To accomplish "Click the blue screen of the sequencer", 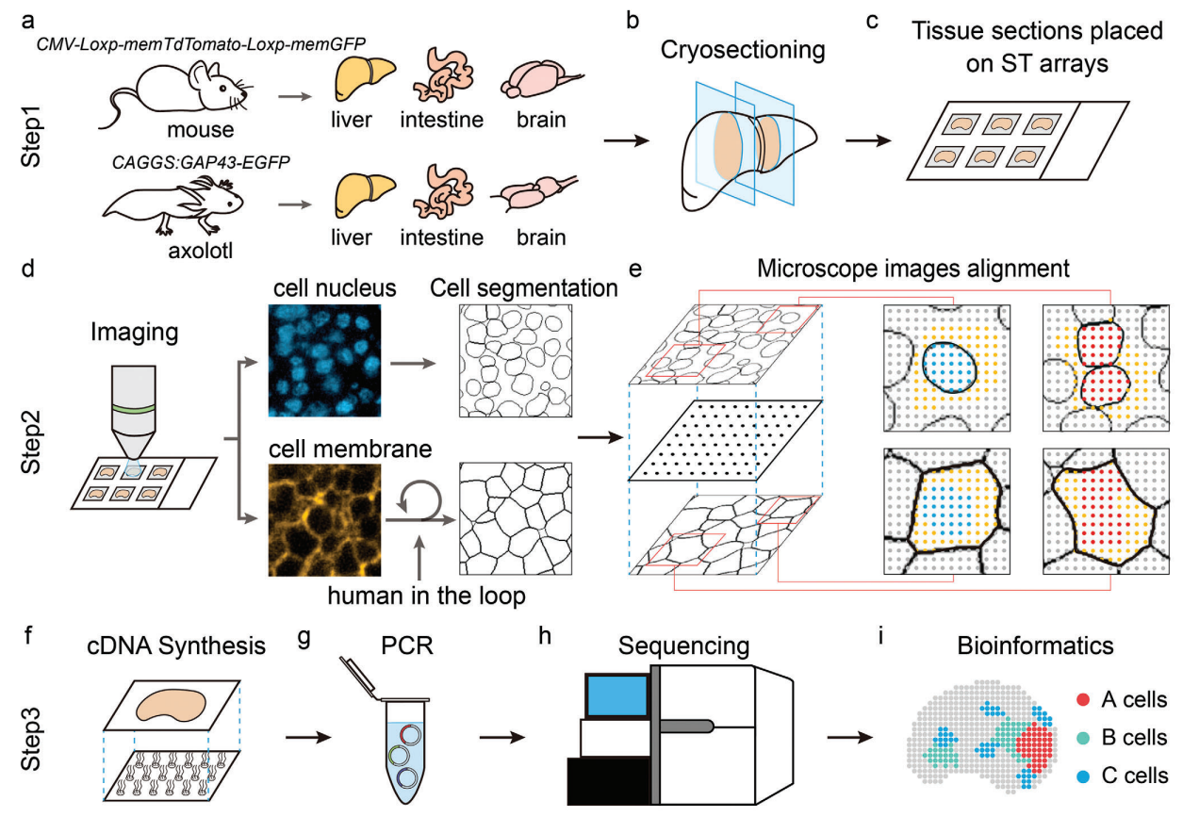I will (616, 695).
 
